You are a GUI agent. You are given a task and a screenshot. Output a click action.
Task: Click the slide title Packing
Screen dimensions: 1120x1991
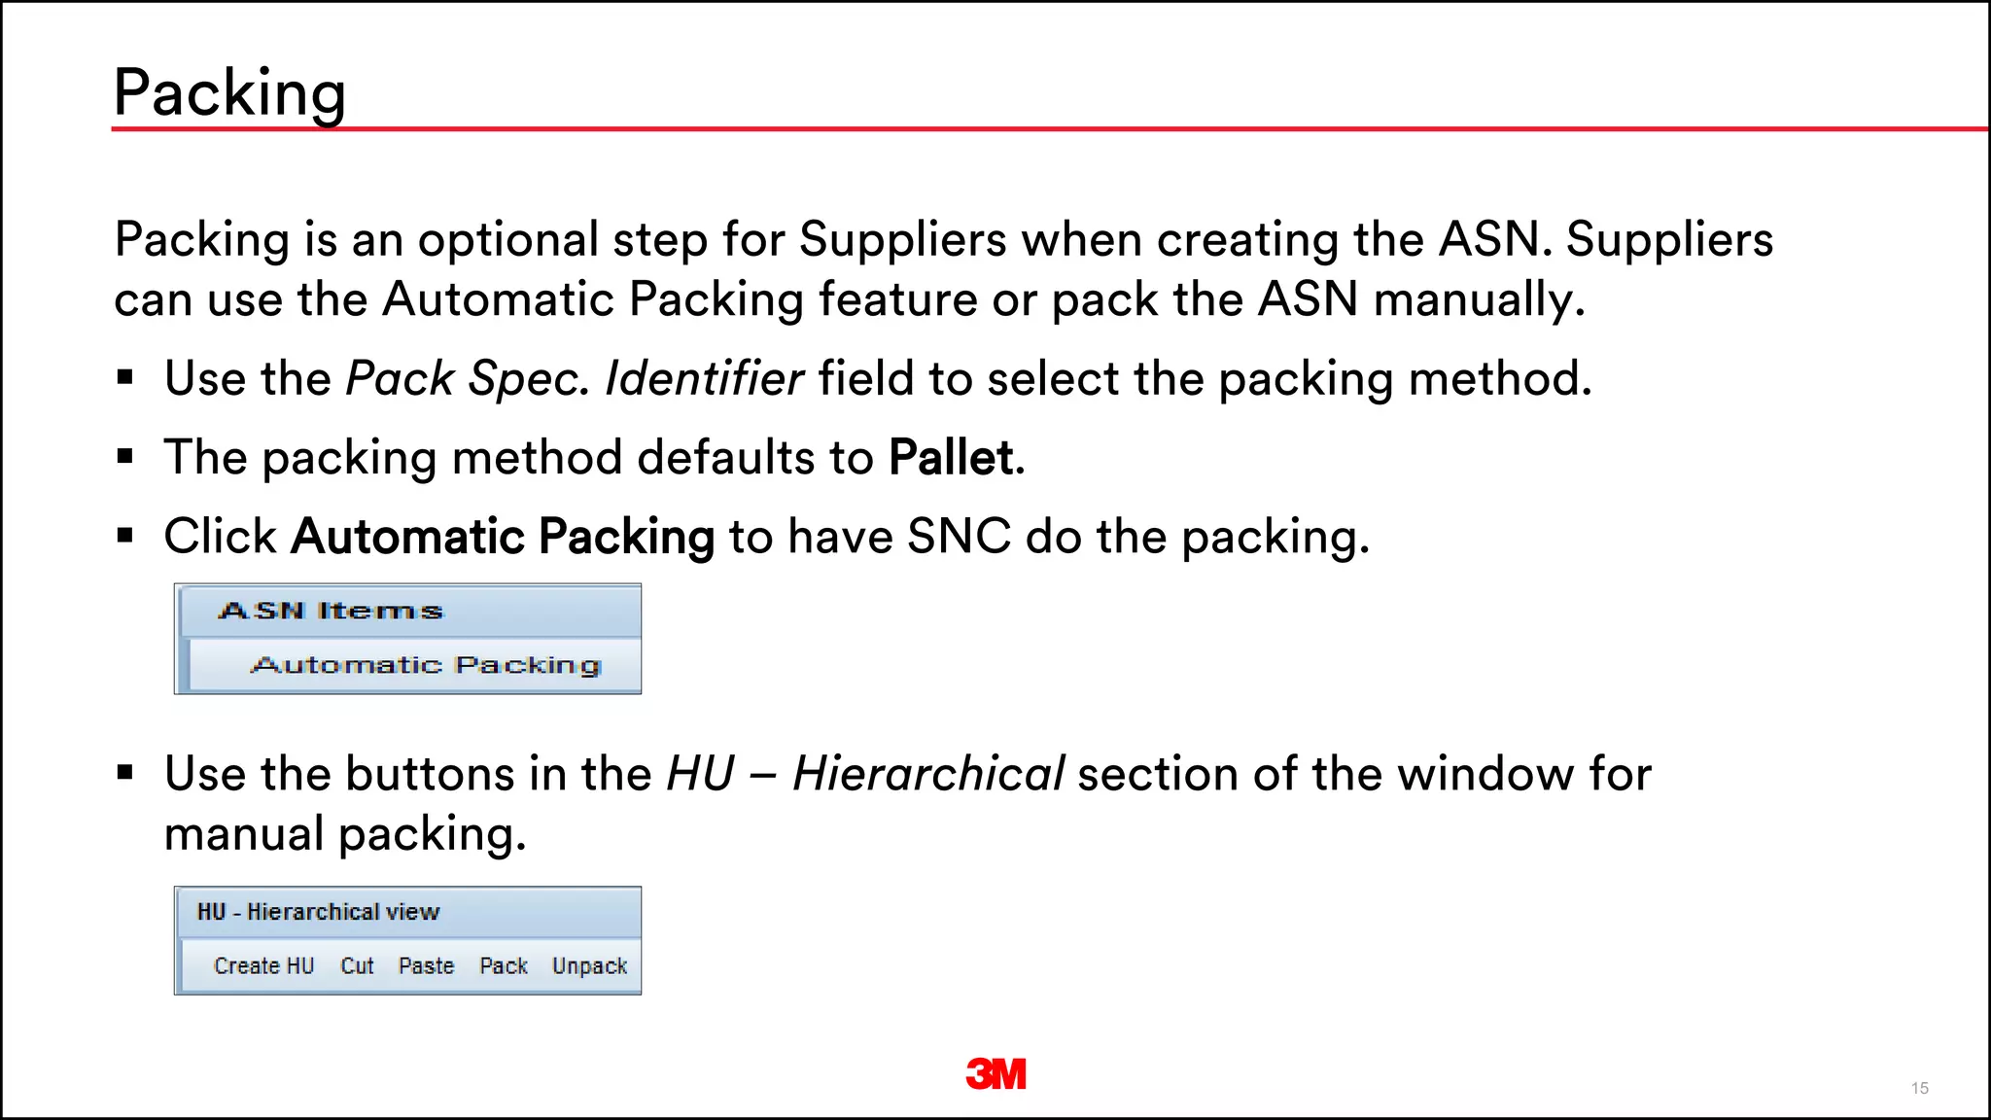pyautogui.click(x=229, y=93)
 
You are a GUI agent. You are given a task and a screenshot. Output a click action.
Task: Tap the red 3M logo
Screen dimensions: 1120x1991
pyautogui.click(x=995, y=1074)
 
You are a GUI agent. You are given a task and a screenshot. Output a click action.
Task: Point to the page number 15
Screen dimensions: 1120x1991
pyautogui.click(x=1919, y=1088)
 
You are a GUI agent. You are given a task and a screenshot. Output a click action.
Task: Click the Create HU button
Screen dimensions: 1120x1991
pyautogui.click(x=263, y=965)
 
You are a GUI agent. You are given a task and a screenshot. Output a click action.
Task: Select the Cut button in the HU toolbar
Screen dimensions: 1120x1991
pyautogui.click(x=357, y=965)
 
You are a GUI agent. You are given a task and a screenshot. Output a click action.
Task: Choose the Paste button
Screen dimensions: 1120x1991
pyautogui.click(x=426, y=965)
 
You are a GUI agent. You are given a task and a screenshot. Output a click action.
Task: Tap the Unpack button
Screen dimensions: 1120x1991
pyautogui.click(x=589, y=965)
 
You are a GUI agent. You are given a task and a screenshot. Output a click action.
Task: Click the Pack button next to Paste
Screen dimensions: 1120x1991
pyautogui.click(x=503, y=965)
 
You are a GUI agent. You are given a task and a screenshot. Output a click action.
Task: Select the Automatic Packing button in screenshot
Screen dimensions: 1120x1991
pyautogui.click(x=426, y=665)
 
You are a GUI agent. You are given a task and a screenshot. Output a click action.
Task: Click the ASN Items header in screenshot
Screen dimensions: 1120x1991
pyautogui.click(x=331, y=611)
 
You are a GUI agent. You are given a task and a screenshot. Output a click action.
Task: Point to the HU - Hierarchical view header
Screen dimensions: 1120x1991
pyautogui.click(x=318, y=912)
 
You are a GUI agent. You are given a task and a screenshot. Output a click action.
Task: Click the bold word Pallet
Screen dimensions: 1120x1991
pyautogui.click(x=951, y=457)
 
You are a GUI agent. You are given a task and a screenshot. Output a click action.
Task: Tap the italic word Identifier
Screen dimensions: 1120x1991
pyautogui.click(x=704, y=378)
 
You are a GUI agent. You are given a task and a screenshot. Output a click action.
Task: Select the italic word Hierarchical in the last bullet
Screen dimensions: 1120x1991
pyautogui.click(x=928, y=774)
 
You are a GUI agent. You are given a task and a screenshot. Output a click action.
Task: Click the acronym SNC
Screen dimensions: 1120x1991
pyautogui.click(x=959, y=537)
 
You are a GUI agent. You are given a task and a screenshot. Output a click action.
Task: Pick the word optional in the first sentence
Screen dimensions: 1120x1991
pyautogui.click(x=508, y=240)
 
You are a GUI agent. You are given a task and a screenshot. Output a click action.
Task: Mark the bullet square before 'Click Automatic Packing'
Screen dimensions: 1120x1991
pyautogui.click(x=124, y=535)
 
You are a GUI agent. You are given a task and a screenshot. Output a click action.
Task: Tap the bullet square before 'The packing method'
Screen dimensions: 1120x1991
pyautogui.click(x=124, y=456)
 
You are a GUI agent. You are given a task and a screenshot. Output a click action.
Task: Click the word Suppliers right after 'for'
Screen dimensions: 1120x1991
pyautogui.click(x=902, y=240)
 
